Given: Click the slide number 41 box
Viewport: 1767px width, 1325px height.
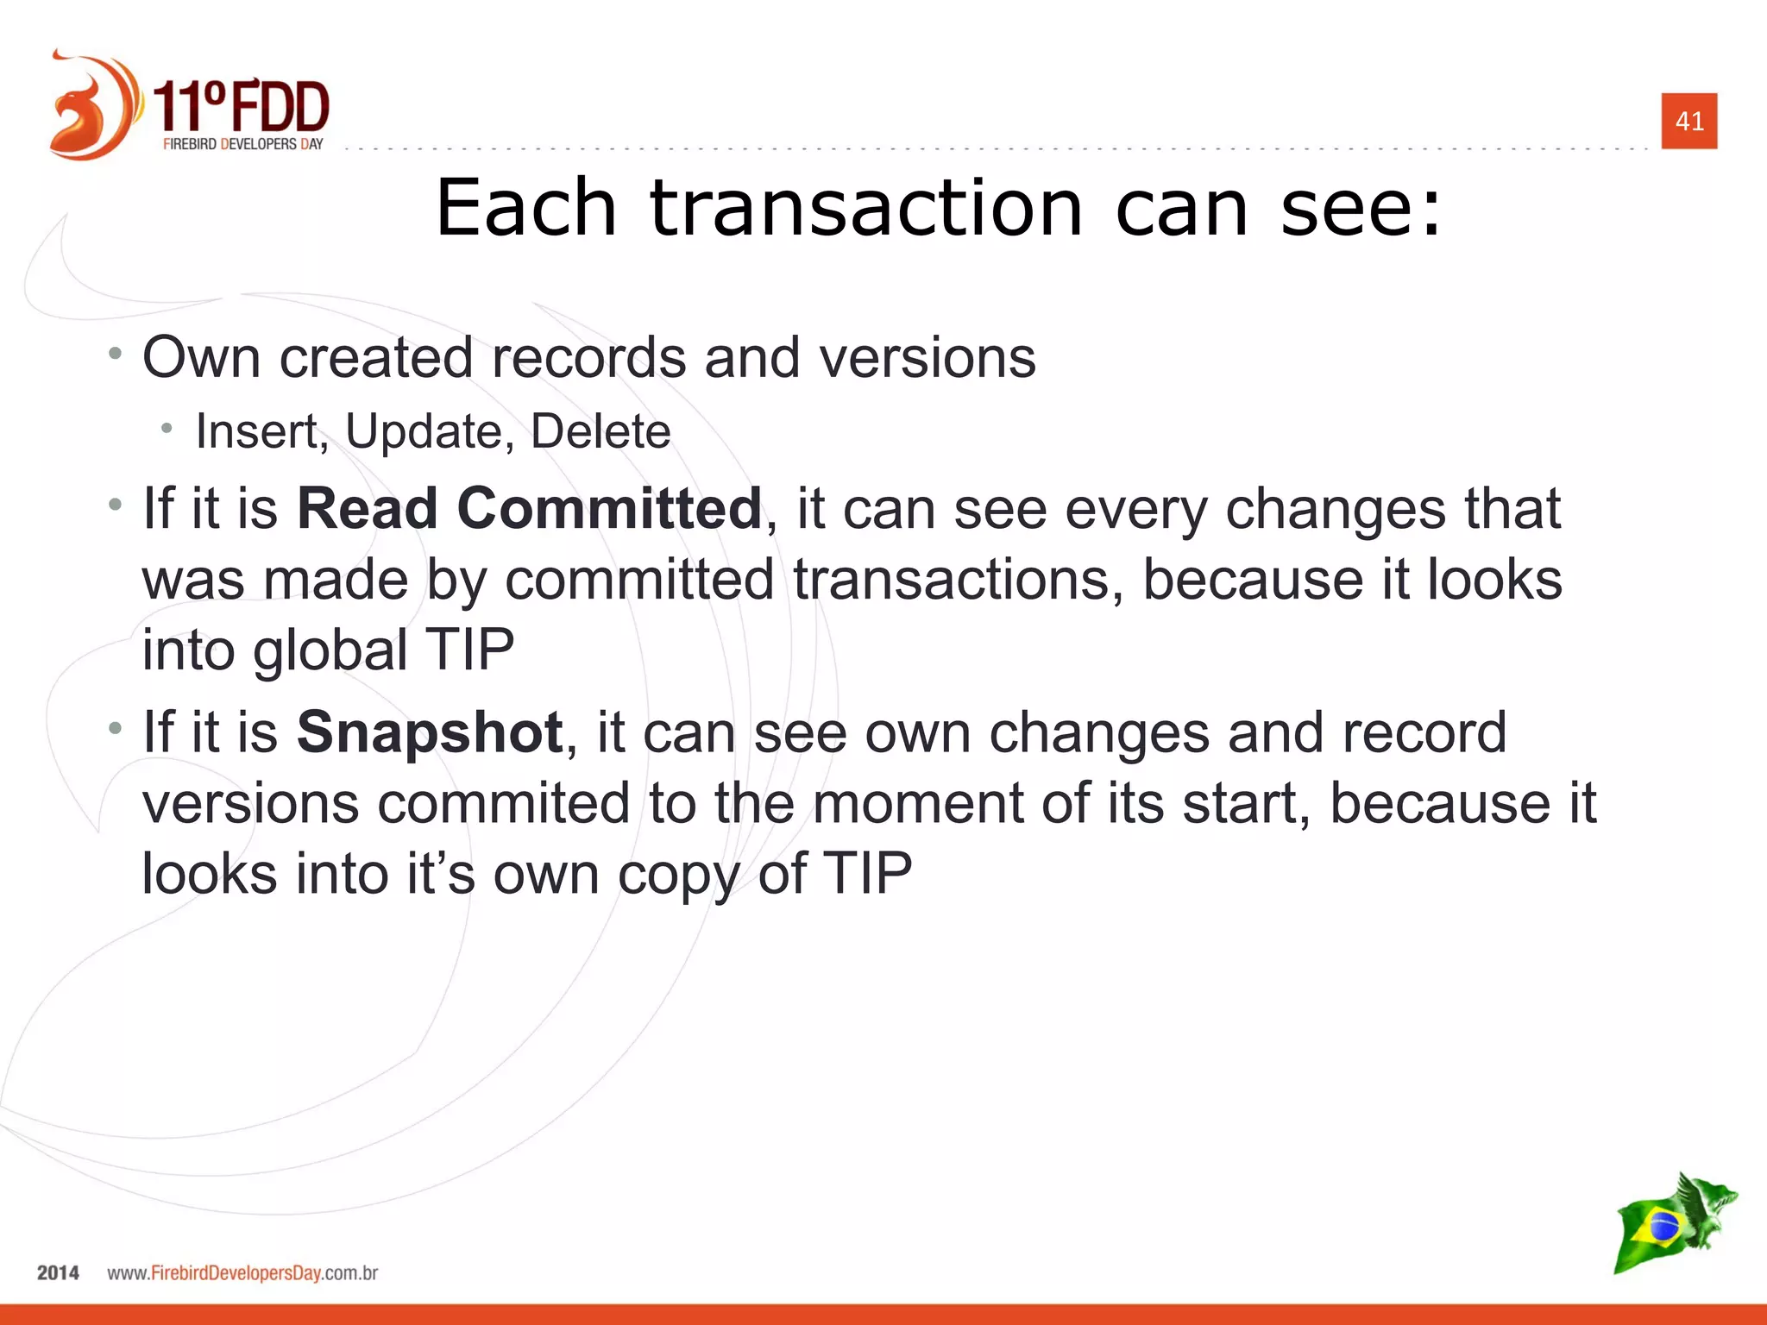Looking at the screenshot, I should pos(1688,121).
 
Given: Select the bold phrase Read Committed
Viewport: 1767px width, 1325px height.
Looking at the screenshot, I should pos(529,508).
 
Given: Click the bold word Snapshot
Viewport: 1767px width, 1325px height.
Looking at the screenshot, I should pos(430,732).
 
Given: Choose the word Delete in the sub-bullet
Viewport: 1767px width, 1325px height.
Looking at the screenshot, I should pos(600,431).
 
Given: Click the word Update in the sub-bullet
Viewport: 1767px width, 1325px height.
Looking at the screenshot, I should pos(423,431).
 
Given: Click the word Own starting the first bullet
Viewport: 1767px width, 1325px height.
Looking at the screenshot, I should pos(200,357).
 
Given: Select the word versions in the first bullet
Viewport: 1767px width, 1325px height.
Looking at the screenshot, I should pos(928,357).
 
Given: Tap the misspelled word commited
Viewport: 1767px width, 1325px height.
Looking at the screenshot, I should pos(504,803).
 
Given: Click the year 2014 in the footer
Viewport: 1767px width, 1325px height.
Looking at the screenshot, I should pos(58,1273).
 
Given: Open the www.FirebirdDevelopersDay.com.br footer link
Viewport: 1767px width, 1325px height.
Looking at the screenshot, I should pos(242,1273).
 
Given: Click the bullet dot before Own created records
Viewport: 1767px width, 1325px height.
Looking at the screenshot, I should pos(116,353).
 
